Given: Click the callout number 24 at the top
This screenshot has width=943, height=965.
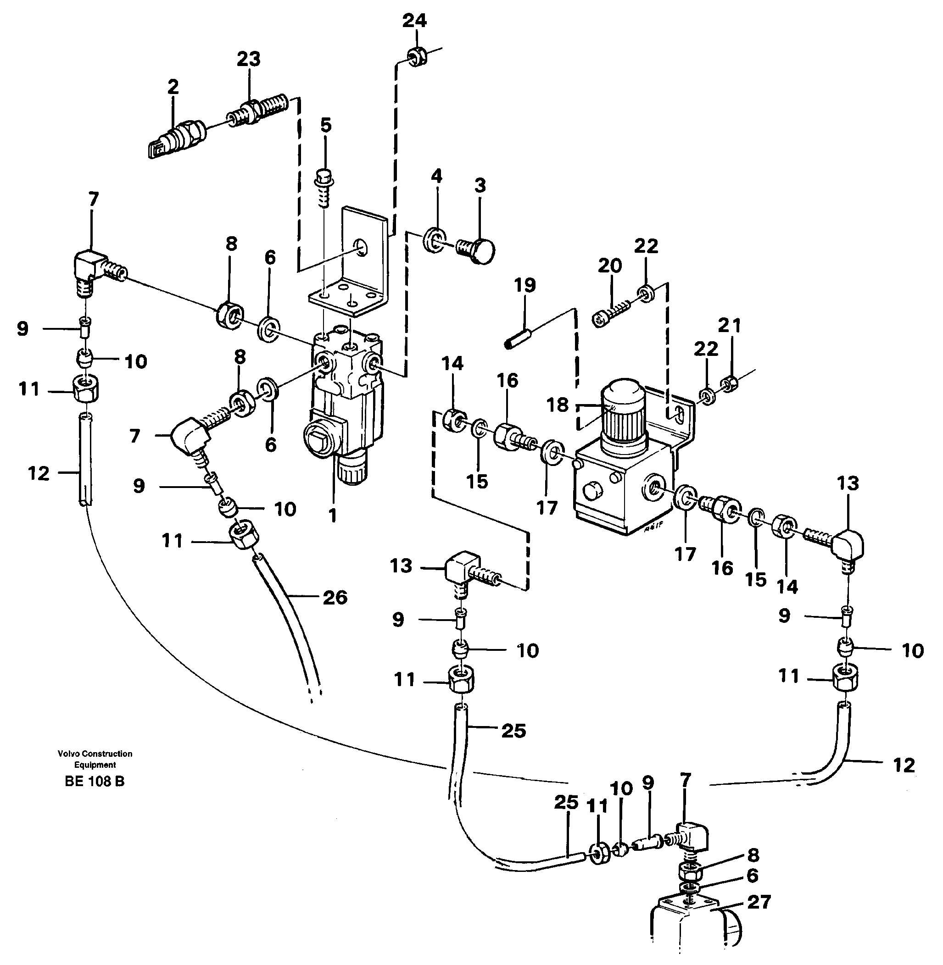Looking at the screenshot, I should coord(414,21).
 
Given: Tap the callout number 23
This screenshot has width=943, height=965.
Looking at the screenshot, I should coord(248,59).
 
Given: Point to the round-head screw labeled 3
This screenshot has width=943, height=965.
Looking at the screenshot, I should coord(476,251).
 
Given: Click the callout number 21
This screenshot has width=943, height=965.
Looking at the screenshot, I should coord(730,325).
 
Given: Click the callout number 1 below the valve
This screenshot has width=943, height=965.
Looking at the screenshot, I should coord(332,516).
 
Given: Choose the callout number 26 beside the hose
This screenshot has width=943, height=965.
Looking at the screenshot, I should coord(335,597).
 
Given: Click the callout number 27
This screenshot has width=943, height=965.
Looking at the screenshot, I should coord(759,902).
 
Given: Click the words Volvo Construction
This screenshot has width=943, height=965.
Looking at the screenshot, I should coord(95,754).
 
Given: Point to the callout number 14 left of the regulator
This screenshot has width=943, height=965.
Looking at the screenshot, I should coord(452,363).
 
